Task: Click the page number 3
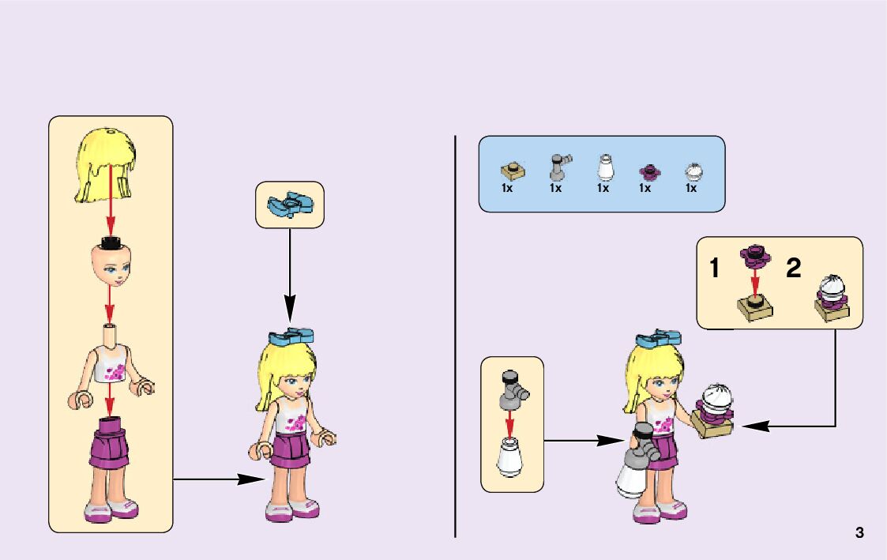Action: click(x=859, y=532)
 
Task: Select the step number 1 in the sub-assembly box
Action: click(x=714, y=269)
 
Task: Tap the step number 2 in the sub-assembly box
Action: click(x=793, y=269)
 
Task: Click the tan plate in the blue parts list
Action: click(x=512, y=171)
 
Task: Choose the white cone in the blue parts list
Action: click(x=603, y=168)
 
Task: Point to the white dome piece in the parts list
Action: click(x=693, y=171)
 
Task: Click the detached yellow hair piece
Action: click(x=108, y=164)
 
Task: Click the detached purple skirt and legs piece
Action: click(x=111, y=466)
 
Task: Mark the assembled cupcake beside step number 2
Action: click(x=833, y=298)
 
